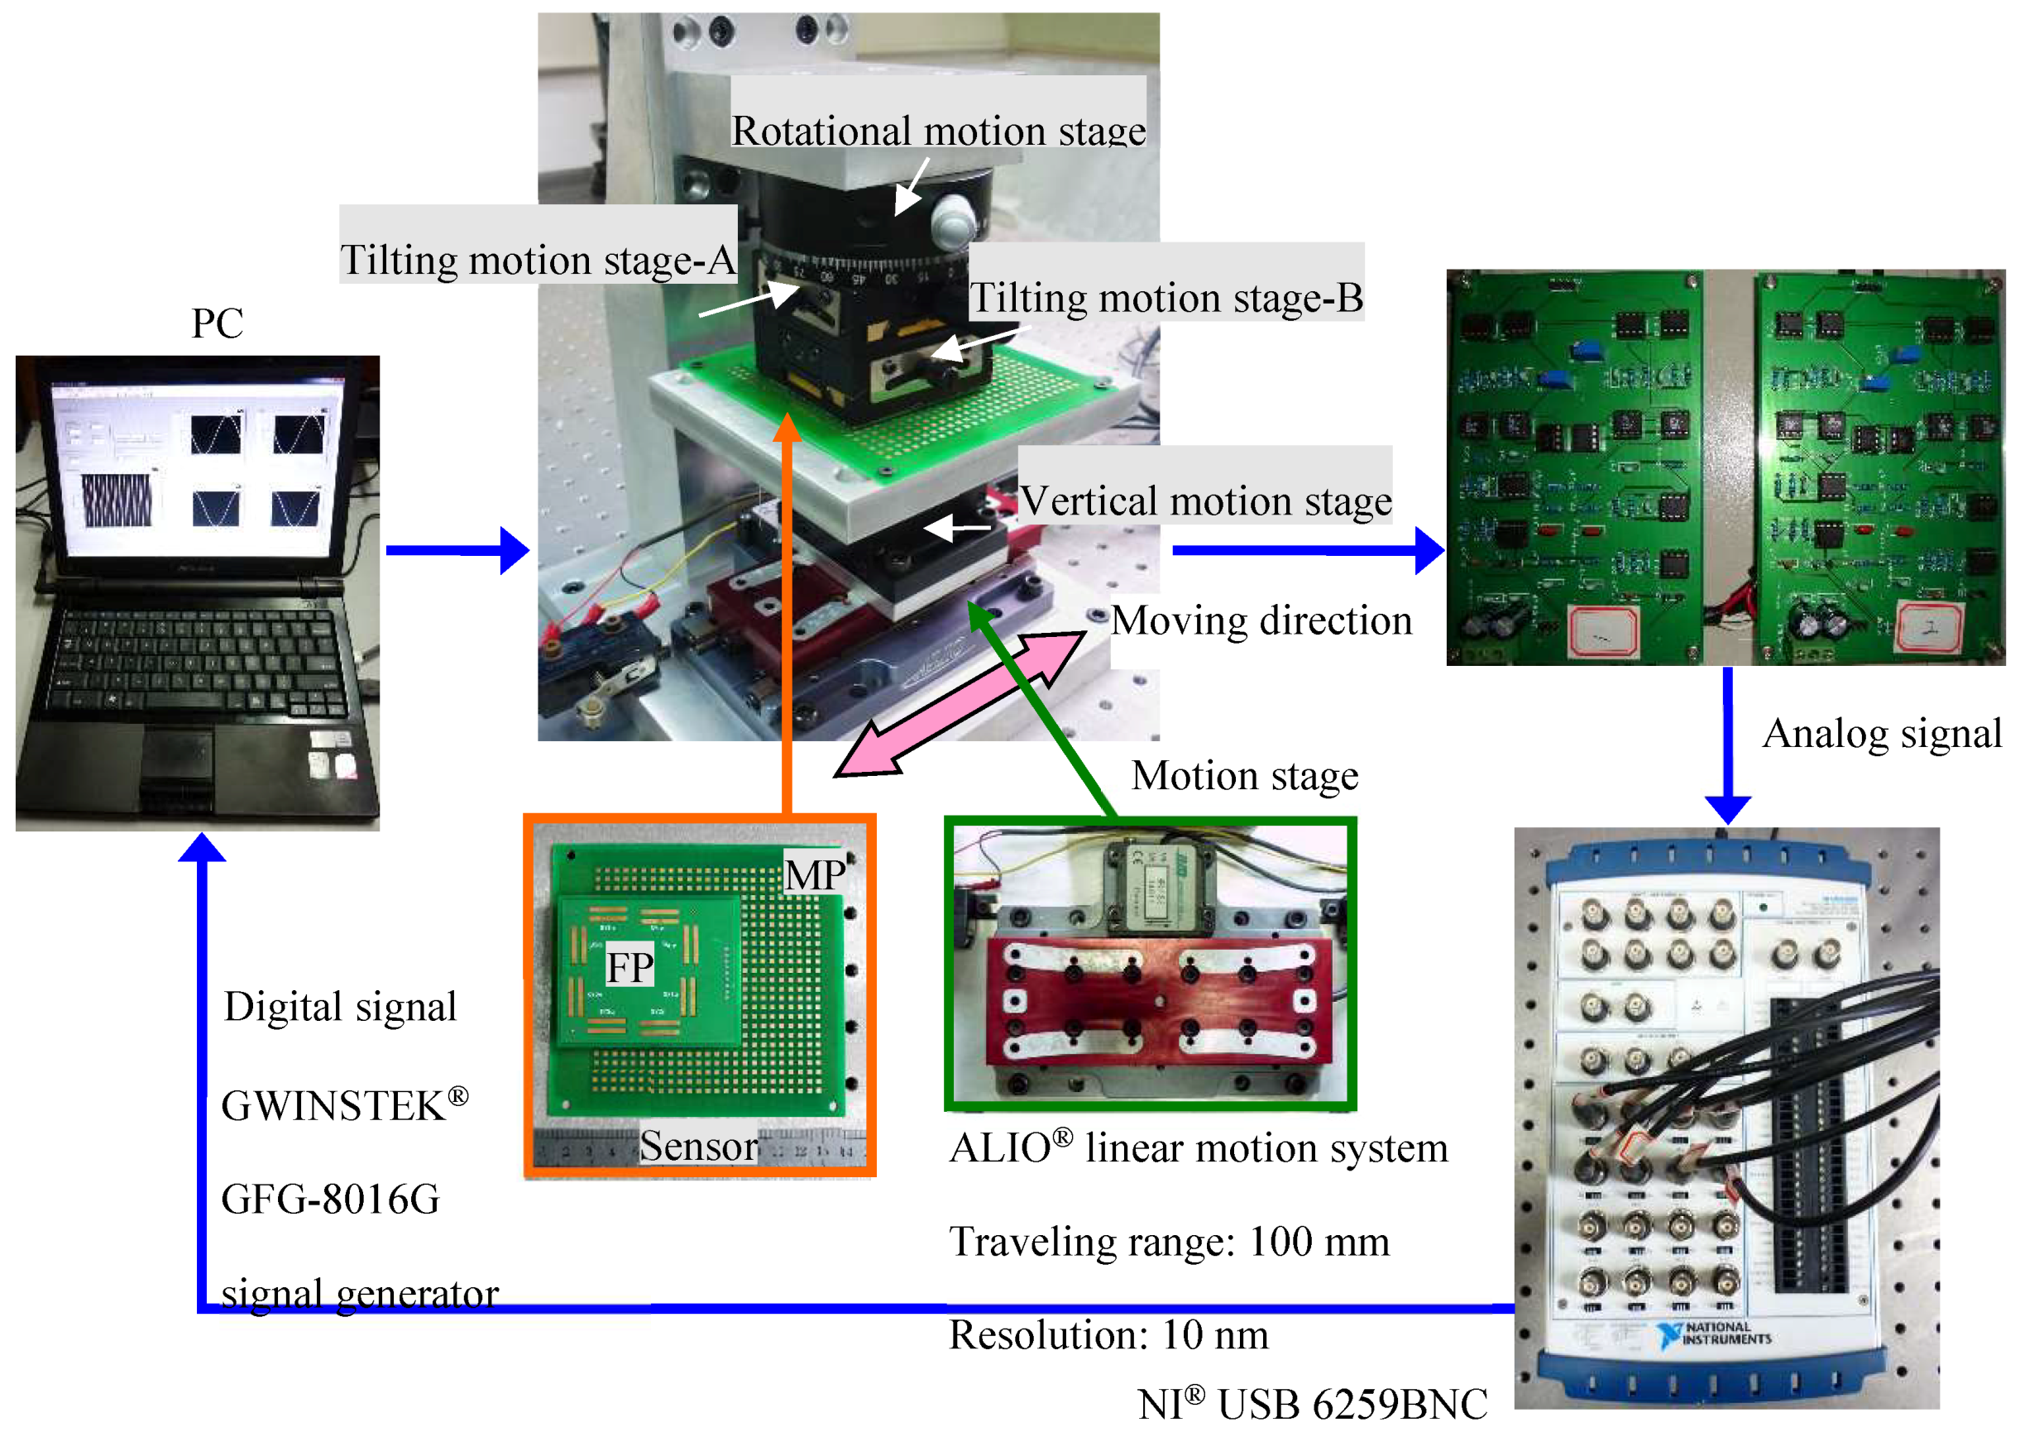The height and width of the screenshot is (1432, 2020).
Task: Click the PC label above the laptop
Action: click(x=217, y=323)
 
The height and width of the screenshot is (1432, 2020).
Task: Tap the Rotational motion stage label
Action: click(x=938, y=131)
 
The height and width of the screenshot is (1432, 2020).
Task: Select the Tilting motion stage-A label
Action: click(x=537, y=260)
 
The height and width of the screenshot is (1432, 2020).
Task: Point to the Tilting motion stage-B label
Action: click(x=1166, y=297)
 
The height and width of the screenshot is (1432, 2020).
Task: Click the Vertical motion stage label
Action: click(x=1205, y=500)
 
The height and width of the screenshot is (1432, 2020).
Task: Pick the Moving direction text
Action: click(x=1261, y=620)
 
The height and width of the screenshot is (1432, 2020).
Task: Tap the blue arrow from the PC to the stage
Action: click(x=457, y=550)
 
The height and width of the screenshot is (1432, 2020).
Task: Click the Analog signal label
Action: click(x=1882, y=733)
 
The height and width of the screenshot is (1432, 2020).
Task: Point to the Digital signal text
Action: click(x=340, y=1006)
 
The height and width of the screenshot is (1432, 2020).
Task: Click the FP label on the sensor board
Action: click(x=629, y=967)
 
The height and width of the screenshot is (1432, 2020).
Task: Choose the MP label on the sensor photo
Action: click(x=815, y=874)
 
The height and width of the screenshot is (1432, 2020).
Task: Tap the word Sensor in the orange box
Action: click(x=698, y=1146)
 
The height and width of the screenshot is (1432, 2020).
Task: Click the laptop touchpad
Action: click(x=177, y=759)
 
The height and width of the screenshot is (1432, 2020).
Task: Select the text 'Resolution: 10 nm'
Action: click(x=1108, y=1334)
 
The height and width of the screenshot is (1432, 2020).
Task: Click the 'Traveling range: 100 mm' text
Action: click(x=1169, y=1241)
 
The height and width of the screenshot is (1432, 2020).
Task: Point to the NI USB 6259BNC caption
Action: click(x=1312, y=1403)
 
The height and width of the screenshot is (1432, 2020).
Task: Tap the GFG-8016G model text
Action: click(x=331, y=1199)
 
